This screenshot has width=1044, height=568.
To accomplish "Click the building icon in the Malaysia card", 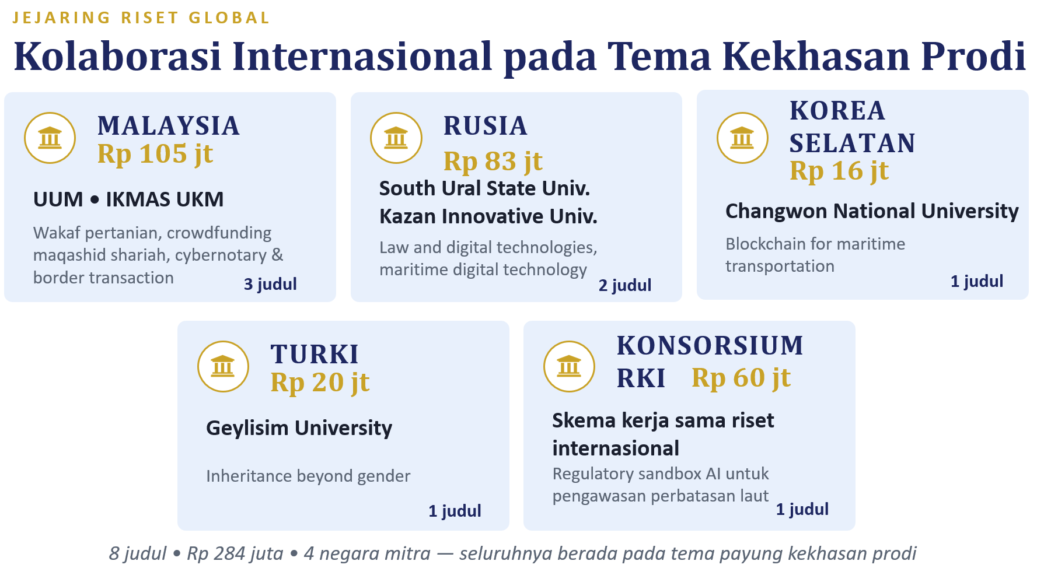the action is tap(50, 138).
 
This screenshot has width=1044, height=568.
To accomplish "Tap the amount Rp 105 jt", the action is tap(155, 155).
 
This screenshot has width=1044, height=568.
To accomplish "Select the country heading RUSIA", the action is tap(486, 126).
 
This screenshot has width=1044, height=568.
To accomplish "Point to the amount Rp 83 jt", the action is tap(493, 162).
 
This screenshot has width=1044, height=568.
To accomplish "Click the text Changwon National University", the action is tap(872, 211).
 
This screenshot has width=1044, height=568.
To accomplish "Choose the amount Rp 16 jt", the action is tap(839, 171).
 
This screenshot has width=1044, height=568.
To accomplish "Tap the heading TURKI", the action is tap(315, 355).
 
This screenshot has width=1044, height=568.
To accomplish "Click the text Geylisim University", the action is tap(299, 429).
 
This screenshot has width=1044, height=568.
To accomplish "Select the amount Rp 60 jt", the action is tap(741, 378).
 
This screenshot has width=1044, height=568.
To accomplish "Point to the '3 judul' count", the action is tap(270, 284).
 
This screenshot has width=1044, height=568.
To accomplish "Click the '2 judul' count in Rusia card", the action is tap(625, 285).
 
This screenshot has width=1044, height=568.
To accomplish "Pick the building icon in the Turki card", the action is tap(223, 367).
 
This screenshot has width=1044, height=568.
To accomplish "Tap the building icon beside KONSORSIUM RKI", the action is tap(569, 367).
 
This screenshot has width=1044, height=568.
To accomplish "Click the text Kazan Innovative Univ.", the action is tap(488, 216).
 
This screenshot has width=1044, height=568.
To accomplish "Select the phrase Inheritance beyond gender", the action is tap(308, 476).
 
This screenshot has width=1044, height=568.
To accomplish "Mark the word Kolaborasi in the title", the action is tap(117, 57).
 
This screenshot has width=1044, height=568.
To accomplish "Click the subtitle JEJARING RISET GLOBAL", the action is tap(141, 18).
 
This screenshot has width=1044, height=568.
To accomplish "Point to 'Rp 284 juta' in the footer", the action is tap(235, 553).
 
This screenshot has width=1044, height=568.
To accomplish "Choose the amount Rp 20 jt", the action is tap(320, 383).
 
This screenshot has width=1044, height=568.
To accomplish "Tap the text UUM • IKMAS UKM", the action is tap(128, 199).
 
